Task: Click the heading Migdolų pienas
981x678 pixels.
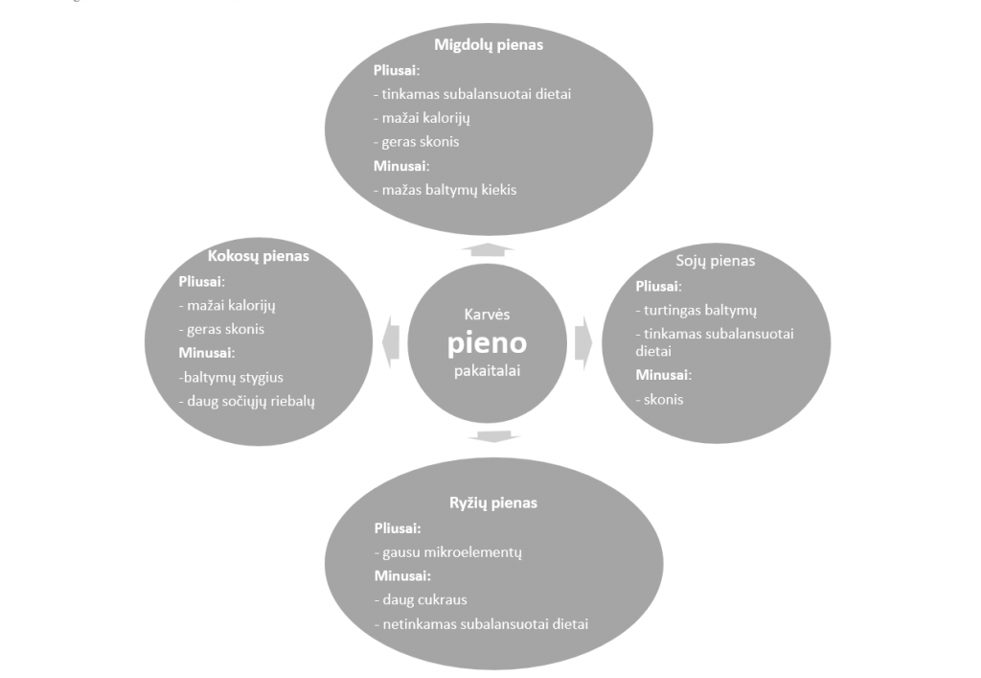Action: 489,45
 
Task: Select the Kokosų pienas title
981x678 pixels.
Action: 259,256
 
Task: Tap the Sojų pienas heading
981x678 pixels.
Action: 715,261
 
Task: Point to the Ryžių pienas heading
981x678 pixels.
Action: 493,503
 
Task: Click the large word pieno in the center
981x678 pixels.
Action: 487,343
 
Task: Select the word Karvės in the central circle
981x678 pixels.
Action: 487,315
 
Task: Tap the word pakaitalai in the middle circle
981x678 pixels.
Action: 487,370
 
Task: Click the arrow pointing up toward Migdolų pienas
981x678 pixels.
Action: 488,249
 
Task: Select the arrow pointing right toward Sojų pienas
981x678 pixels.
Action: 583,342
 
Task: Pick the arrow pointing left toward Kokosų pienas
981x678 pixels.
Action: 391,341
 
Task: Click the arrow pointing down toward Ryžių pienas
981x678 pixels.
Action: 493,436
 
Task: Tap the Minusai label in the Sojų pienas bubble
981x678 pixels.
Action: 663,376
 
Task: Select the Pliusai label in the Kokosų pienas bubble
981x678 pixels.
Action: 201,282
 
